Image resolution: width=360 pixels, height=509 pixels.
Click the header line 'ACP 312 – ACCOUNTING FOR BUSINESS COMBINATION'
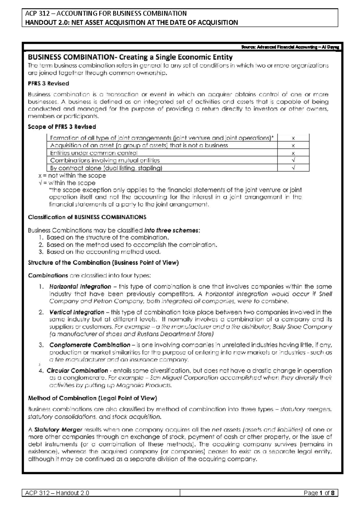[x=106, y=13]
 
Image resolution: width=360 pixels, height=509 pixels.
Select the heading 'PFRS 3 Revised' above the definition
[x=48, y=83]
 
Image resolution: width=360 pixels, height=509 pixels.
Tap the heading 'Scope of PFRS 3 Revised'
[x=62, y=127]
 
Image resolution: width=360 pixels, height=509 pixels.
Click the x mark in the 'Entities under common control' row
[x=293, y=153]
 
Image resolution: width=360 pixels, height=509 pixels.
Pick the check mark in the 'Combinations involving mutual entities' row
[x=293, y=160]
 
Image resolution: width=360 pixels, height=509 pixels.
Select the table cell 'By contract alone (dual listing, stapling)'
[x=106, y=168]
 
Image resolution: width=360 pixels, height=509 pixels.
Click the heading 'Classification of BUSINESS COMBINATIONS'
[x=87, y=217]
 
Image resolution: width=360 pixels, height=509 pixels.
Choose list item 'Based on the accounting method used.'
[x=103, y=252]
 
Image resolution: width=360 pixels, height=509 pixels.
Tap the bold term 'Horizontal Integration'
[x=80, y=287]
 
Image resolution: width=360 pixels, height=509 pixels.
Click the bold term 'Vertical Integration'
[x=77, y=312]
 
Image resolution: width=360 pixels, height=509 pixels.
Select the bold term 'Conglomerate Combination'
[x=90, y=345]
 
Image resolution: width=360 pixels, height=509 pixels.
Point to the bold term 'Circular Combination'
[x=77, y=371]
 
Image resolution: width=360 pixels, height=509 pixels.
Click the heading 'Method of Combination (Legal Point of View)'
[x=92, y=398]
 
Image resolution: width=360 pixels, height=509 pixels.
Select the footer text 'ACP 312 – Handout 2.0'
[x=57, y=493]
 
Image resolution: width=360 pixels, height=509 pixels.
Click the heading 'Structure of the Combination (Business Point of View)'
[x=103, y=263]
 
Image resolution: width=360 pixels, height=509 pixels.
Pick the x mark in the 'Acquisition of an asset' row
[x=293, y=146]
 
